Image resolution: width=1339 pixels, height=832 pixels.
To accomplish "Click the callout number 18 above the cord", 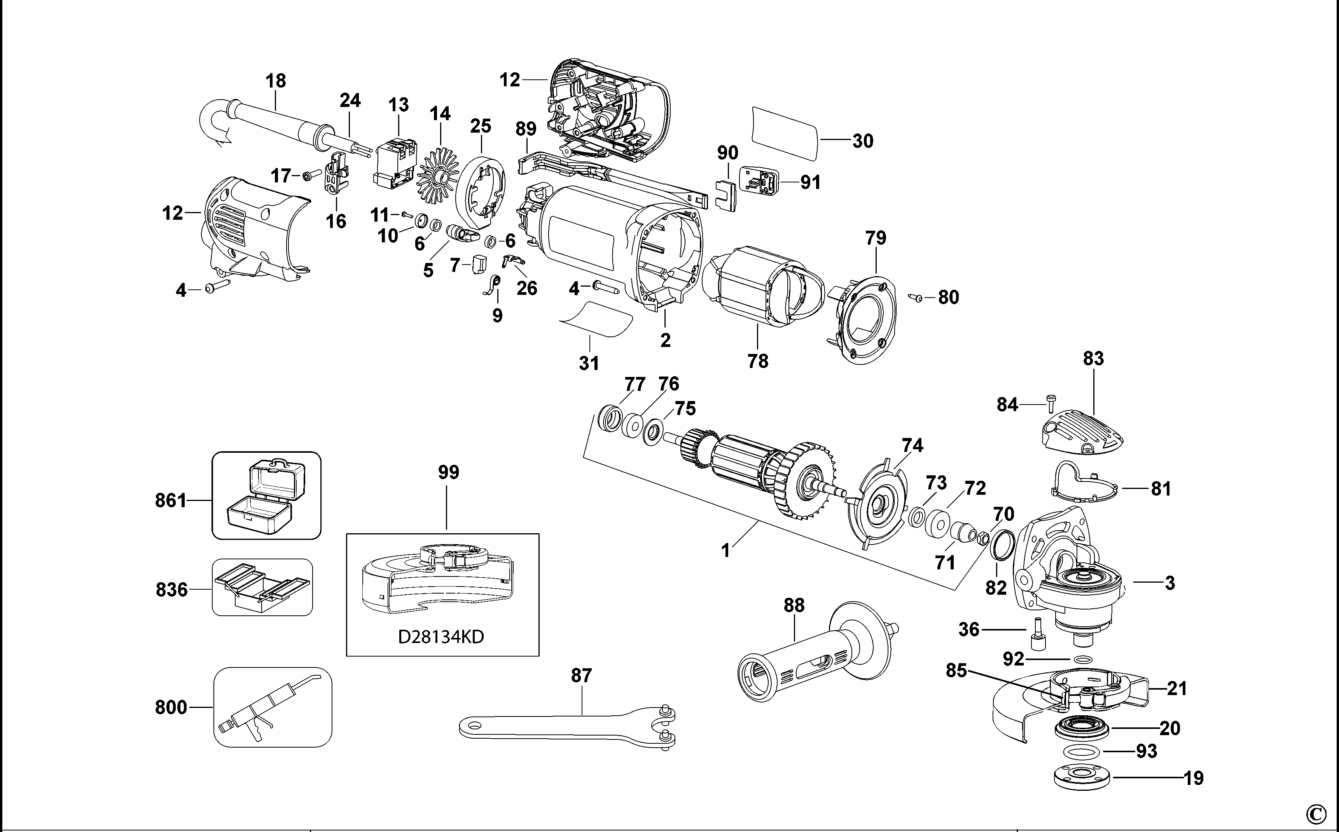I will [276, 81].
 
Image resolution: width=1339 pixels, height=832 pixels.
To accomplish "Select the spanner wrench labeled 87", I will [566, 725].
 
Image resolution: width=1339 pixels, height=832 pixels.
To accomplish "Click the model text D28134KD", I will [441, 637].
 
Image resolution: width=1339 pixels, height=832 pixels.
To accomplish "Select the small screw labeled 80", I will [916, 298].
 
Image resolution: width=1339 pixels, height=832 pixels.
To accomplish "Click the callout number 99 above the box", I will [448, 472].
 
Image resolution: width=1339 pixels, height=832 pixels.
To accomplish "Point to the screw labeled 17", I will [312, 175].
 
